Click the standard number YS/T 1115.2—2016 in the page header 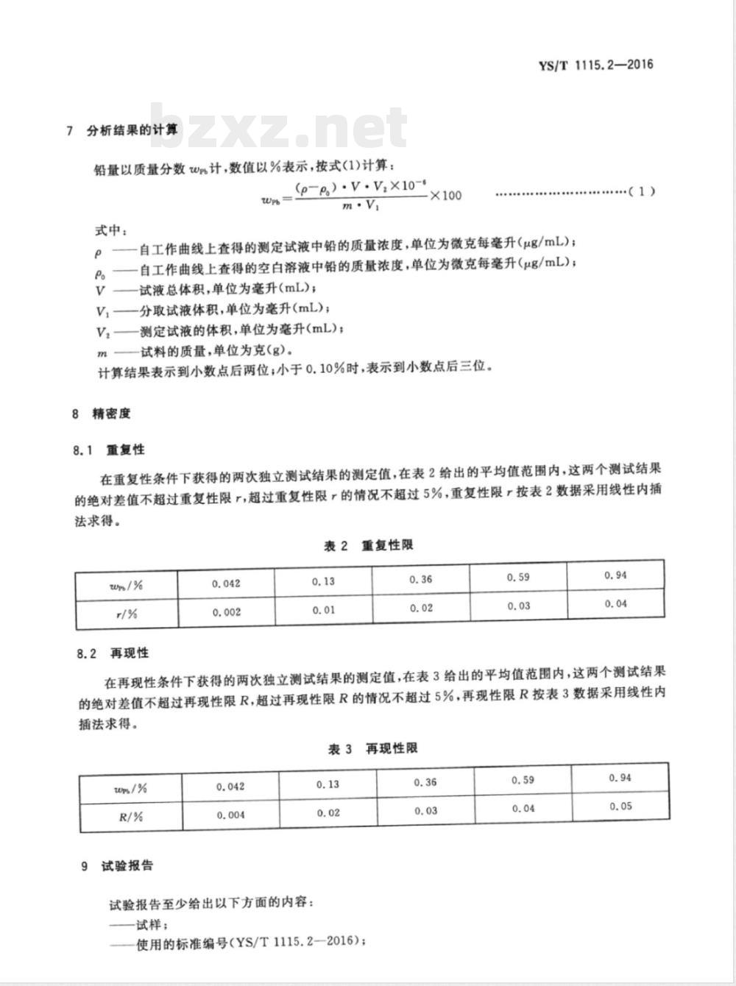coord(595,65)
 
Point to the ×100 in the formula coord(445,195)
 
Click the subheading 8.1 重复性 coord(110,450)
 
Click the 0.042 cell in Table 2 coord(226,584)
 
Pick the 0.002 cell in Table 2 coord(226,612)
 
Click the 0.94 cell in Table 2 coord(615,575)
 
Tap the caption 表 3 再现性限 coord(373,748)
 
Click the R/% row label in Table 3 coord(130,816)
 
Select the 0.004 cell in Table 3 coord(230,815)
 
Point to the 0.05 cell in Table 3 coord(620,806)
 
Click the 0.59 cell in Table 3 coord(523,780)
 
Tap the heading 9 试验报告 coord(118,865)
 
